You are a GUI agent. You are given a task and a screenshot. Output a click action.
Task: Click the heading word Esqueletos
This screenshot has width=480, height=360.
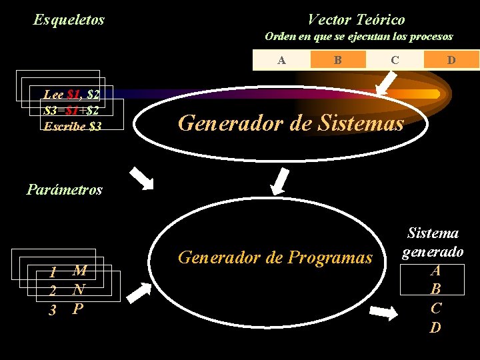coord(69,20)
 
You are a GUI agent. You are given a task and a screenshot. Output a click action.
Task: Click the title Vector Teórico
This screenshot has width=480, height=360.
coord(356,20)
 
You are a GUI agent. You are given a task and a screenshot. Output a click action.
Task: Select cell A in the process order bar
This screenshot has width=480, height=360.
coord(282,60)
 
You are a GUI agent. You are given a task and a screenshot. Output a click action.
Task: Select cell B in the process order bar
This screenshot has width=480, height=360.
coord(338,60)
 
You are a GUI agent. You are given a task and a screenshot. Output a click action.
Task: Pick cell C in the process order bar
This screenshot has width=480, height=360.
coord(395,60)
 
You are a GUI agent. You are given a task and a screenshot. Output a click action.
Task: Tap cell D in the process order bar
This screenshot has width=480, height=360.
coord(451,60)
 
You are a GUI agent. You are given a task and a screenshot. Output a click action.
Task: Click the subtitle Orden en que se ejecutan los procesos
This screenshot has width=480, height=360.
coord(359,37)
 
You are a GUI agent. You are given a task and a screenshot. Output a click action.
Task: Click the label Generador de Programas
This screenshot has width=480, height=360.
coord(274,257)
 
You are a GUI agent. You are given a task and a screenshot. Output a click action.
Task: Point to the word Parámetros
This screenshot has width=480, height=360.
coord(65,189)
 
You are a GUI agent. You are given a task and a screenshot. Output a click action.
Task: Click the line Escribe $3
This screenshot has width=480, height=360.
coord(73,125)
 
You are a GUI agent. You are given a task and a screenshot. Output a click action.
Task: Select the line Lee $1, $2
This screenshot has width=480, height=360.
coord(71,95)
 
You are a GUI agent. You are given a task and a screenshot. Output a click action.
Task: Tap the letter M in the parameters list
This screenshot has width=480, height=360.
coord(79,271)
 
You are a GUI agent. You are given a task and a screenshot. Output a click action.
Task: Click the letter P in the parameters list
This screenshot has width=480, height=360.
coord(78,309)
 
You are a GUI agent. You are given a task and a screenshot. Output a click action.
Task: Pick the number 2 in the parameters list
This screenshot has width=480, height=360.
coord(52,291)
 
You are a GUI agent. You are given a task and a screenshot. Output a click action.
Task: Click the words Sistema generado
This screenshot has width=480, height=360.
coord(433,243)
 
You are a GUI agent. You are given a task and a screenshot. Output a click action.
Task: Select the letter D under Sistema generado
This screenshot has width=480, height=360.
coord(435,327)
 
